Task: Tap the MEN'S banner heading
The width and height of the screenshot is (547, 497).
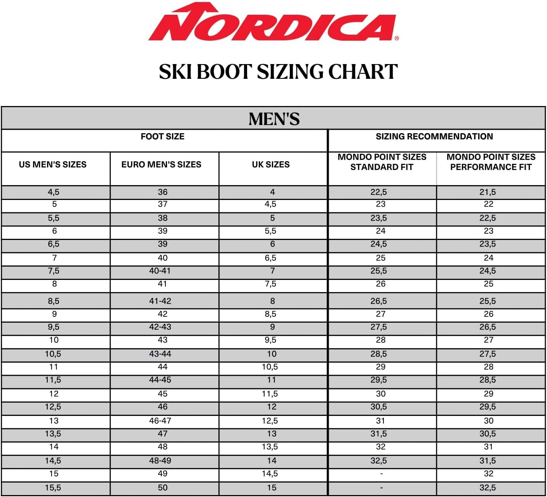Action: tap(274, 119)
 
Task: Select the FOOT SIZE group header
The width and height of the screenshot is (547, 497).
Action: tap(162, 137)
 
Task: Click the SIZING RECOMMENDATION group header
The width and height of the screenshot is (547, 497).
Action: tap(434, 137)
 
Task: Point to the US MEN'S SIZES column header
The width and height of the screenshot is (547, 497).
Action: tap(53, 165)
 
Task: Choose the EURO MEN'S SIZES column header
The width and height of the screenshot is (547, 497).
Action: tap(161, 165)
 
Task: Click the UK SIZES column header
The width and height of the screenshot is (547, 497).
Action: tap(271, 165)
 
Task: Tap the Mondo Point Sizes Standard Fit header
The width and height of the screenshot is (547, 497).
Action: tap(382, 162)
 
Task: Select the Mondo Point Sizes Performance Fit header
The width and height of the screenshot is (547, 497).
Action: tap(491, 162)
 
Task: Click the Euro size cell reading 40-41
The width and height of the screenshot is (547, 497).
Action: tap(160, 271)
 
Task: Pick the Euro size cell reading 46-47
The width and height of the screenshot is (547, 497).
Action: tap(160, 421)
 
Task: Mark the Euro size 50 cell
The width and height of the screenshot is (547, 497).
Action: tap(163, 488)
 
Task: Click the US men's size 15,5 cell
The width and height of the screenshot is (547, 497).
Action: tap(53, 488)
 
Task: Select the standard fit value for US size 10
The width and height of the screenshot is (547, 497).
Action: tap(381, 340)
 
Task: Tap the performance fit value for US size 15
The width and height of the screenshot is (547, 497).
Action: tap(489, 474)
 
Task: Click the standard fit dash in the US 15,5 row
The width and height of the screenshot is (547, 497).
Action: tap(382, 488)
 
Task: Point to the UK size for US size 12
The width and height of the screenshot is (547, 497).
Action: tap(270, 394)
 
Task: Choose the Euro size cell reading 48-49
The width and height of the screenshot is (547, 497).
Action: tap(160, 461)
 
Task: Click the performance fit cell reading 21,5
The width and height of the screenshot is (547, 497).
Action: tap(488, 192)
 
